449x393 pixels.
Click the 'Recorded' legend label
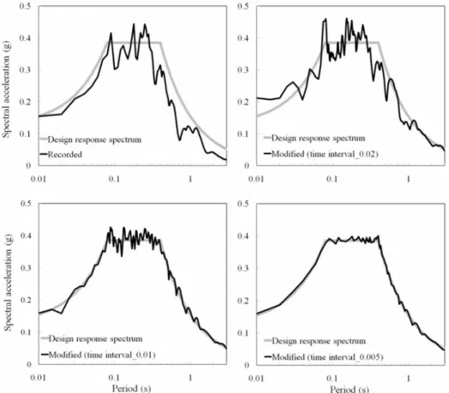(65, 155)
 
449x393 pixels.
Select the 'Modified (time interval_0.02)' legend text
(325, 154)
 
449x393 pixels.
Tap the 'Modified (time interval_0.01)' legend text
(102, 355)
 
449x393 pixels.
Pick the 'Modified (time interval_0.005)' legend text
(327, 357)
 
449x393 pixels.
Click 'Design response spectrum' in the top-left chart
(94, 140)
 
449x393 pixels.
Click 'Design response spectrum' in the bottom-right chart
(319, 341)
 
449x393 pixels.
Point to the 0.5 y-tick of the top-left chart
(25, 6)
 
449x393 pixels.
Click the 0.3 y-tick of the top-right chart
(243, 70)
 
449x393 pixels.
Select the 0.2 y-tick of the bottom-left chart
(27, 300)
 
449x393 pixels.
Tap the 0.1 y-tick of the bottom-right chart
(243, 333)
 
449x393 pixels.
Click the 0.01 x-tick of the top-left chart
(38, 179)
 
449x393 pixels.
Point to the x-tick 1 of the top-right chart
(409, 179)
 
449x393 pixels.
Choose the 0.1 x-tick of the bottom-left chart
(114, 378)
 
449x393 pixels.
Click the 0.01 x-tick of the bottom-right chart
(255, 378)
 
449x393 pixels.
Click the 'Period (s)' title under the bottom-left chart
(131, 389)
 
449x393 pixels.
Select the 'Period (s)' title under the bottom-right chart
(350, 389)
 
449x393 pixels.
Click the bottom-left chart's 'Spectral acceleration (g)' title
(8, 283)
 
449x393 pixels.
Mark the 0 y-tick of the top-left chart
(28, 165)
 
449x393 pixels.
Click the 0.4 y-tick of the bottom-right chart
(243, 235)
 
